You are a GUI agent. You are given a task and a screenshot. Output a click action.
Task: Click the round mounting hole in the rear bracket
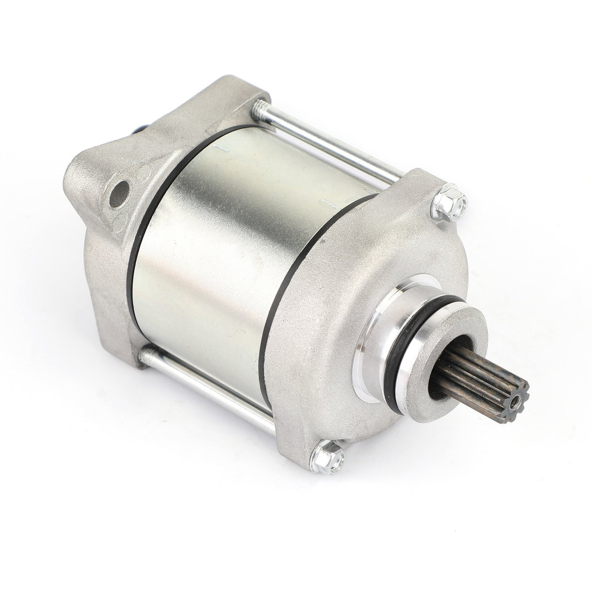[x=121, y=190]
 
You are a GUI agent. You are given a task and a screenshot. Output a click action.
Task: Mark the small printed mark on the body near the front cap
[x=328, y=201]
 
